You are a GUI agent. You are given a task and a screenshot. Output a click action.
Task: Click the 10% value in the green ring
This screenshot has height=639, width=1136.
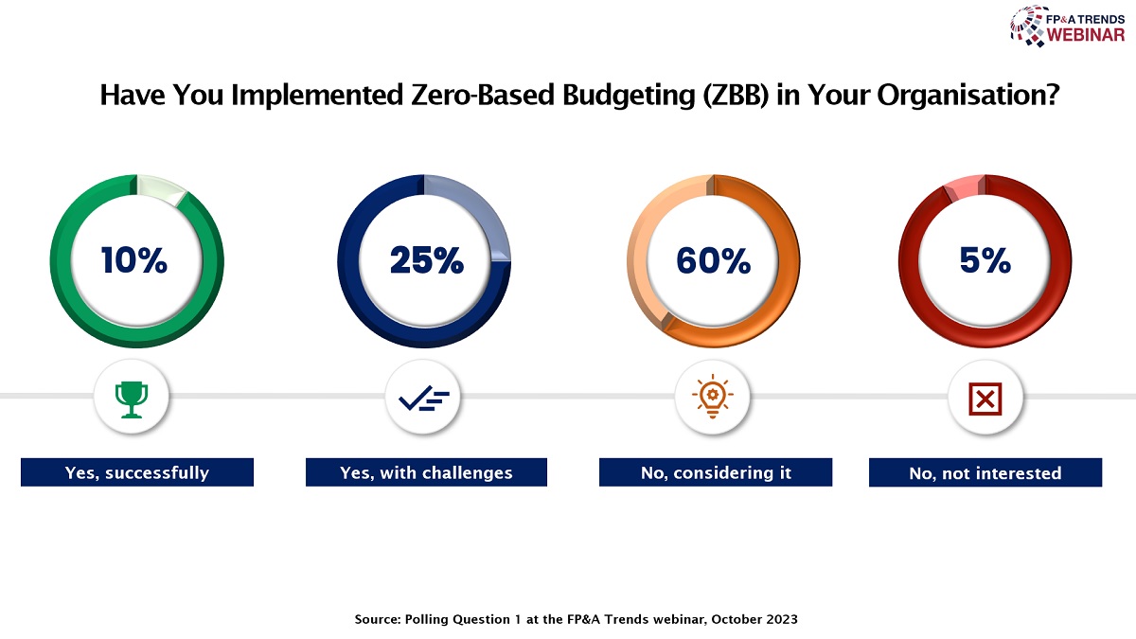[133, 260]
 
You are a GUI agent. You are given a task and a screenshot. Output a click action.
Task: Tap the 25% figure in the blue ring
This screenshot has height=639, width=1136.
[427, 260]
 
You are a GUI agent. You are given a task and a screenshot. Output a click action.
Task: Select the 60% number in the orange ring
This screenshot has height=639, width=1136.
[713, 260]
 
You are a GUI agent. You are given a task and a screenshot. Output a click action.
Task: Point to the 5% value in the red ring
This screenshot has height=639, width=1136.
[985, 260]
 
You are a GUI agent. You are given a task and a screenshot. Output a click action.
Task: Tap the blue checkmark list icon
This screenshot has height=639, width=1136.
[424, 399]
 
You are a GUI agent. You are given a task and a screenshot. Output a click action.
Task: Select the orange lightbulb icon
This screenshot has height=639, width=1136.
[712, 396]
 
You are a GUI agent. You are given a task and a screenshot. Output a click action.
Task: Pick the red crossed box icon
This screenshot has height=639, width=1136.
[985, 399]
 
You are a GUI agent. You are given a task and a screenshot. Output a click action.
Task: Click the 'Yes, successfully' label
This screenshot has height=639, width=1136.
[137, 472]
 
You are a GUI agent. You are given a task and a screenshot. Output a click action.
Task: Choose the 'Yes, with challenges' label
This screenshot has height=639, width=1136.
[426, 472]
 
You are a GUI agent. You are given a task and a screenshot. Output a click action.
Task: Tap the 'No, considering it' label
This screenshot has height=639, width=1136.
[716, 472]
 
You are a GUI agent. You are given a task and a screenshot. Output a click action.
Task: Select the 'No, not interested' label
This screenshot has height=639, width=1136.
[985, 472]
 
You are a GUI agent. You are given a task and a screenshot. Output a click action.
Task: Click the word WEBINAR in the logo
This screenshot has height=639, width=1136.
[1085, 35]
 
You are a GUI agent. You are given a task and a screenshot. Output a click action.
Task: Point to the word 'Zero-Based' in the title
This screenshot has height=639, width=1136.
[482, 95]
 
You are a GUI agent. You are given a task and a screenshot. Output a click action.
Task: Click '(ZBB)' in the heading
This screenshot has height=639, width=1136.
[736, 96]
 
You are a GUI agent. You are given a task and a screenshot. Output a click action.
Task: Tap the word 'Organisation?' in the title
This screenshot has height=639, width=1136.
[968, 96]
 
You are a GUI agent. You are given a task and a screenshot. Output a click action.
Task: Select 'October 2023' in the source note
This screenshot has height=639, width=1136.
[754, 619]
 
